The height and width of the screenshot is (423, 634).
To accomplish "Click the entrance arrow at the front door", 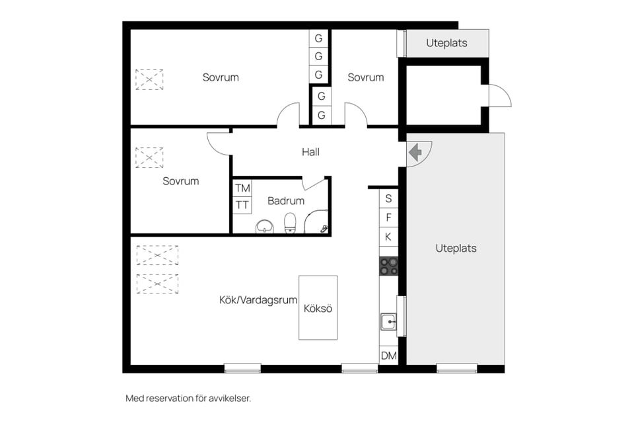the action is click(415, 153).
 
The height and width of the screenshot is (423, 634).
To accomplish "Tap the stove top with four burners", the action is click(388, 266).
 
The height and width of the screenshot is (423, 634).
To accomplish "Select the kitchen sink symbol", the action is click(388, 322).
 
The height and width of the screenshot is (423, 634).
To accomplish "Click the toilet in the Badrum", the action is click(290, 223).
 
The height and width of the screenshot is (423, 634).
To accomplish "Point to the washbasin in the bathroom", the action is click(264, 227).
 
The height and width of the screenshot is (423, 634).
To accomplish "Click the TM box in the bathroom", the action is click(242, 188).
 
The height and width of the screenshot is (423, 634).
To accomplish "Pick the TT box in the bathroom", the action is click(242, 206).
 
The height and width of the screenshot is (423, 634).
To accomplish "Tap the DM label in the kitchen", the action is click(389, 356).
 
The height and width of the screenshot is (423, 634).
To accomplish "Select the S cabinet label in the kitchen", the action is click(388, 198).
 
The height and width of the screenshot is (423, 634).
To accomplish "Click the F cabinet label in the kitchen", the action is click(388, 217).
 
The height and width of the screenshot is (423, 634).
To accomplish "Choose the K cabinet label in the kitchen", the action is click(388, 237).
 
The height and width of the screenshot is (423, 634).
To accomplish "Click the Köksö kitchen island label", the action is click(318, 309).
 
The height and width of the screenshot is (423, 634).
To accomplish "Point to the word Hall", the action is click(310, 152).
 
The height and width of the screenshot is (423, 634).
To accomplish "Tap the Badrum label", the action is click(286, 201).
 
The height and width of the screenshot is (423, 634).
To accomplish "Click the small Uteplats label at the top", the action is click(447, 43).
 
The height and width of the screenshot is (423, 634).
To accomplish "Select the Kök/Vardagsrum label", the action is click(258, 300).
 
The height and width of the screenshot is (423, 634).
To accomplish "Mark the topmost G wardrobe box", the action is click(318, 38).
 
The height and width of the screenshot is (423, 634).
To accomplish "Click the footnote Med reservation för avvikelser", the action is click(188, 399).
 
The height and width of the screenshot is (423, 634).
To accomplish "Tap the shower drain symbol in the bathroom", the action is click(324, 229).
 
